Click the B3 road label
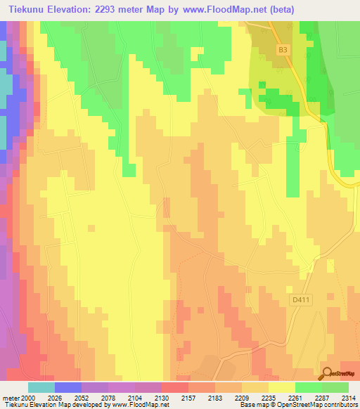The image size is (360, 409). pos(283,50)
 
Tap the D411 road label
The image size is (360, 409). pos(300,300)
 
